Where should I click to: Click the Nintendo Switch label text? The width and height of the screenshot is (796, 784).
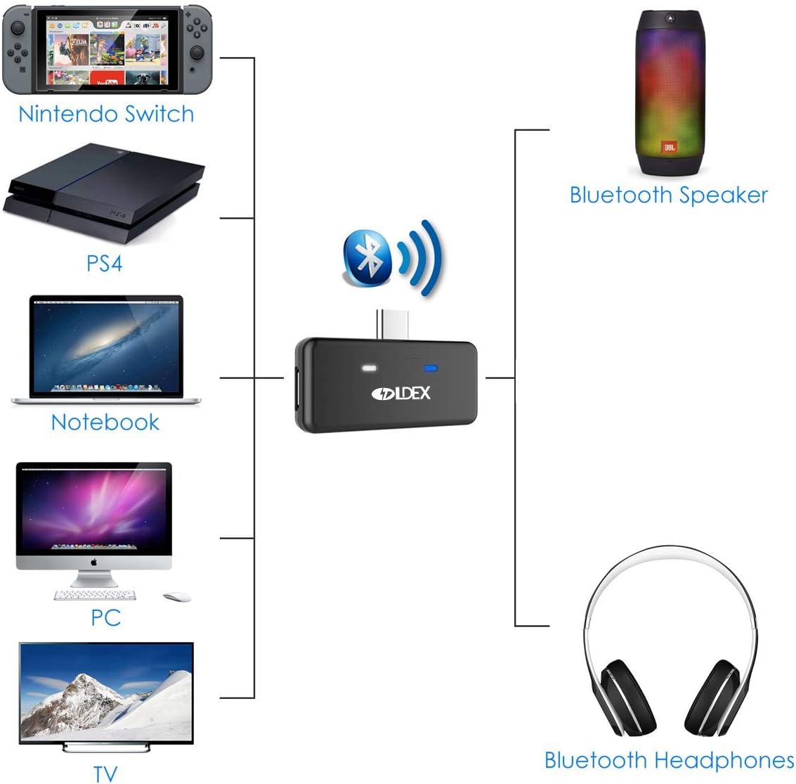(x=106, y=114)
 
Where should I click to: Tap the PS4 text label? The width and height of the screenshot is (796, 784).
(x=104, y=264)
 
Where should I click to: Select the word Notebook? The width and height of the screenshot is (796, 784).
(x=105, y=422)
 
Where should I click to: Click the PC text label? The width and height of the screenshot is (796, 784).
(x=105, y=617)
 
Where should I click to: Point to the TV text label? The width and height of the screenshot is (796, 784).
(x=105, y=773)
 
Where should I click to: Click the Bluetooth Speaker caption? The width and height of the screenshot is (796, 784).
(x=668, y=195)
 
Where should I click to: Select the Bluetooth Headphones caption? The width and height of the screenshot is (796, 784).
(x=669, y=760)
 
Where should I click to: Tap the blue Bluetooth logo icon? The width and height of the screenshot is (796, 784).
(x=367, y=259)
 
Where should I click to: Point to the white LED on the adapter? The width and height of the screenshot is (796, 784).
(x=369, y=368)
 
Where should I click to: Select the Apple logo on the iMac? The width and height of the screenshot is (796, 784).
(x=93, y=563)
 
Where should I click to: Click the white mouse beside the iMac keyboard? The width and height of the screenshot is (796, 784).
(x=177, y=597)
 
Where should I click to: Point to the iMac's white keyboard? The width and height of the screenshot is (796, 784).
(x=95, y=595)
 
